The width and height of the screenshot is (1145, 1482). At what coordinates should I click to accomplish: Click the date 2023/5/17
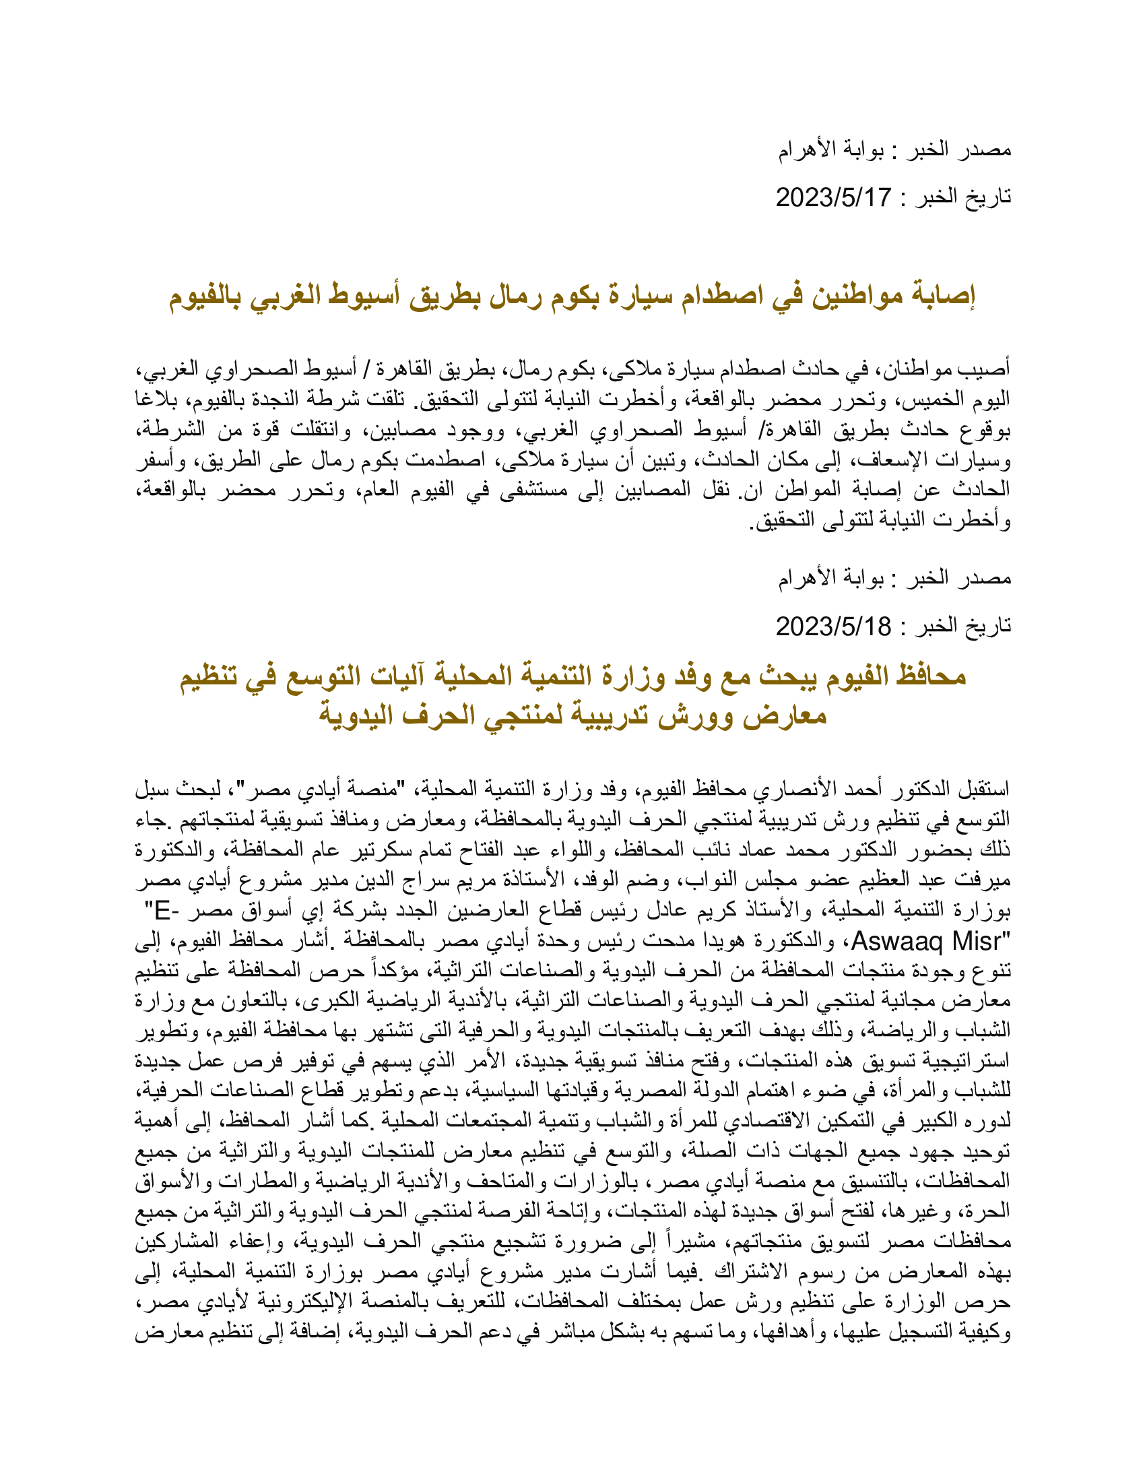pos(832,197)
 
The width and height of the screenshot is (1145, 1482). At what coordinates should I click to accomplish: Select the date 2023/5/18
pos(832,626)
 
